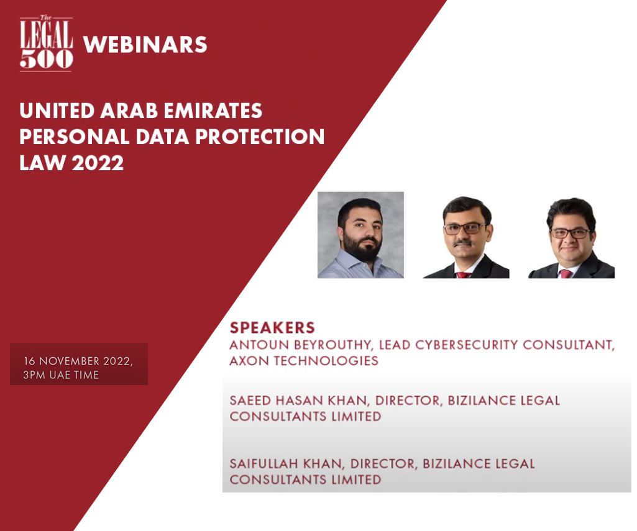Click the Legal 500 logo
pyautogui.click(x=46, y=43)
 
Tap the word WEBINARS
pyautogui.click(x=145, y=45)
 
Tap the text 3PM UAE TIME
pyautogui.click(x=61, y=374)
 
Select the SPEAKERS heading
pyautogui.click(x=272, y=328)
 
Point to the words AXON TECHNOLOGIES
pyautogui.click(x=304, y=361)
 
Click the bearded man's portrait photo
pyautogui.click(x=360, y=234)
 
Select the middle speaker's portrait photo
pyautogui.click(x=466, y=237)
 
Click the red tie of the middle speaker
pyautogui.click(x=464, y=274)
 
